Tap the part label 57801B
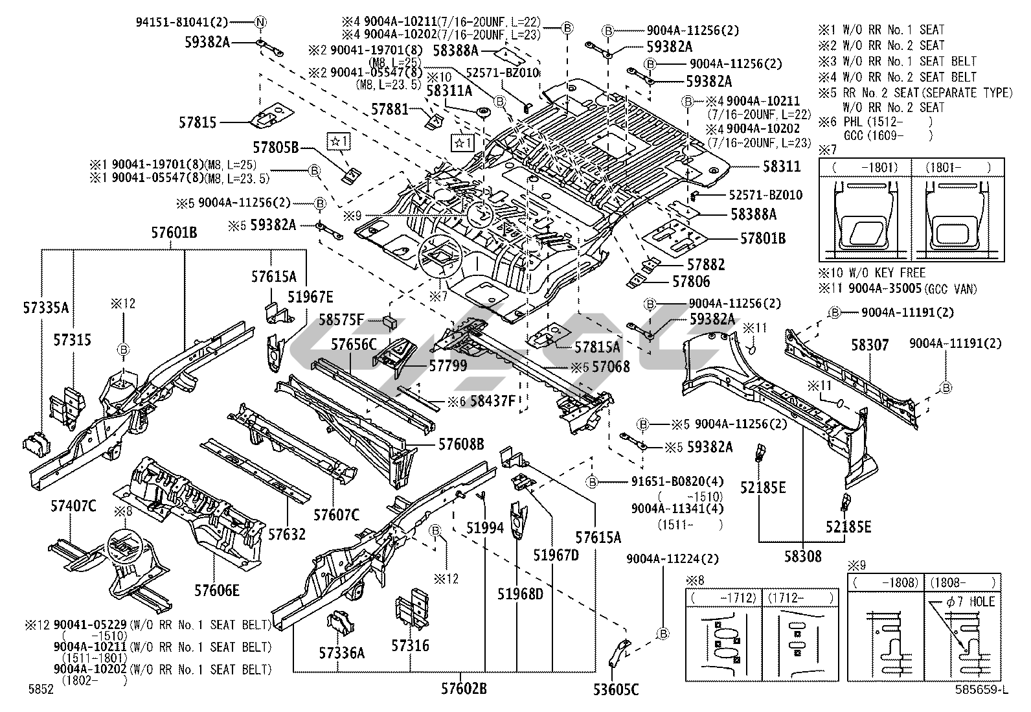[x=762, y=238]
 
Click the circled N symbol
[x=260, y=22]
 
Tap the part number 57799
[x=448, y=366]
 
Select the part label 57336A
[x=343, y=653]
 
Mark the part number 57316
[x=410, y=645]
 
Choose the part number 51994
[x=485, y=527]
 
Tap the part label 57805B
[x=275, y=148]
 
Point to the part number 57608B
[x=461, y=444]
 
